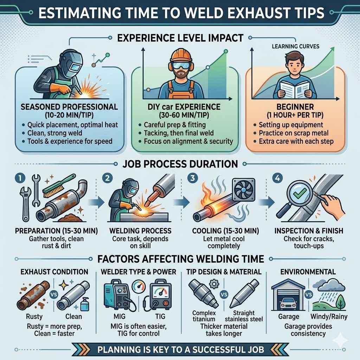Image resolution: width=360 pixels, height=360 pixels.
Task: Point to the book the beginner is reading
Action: pos(290,89)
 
